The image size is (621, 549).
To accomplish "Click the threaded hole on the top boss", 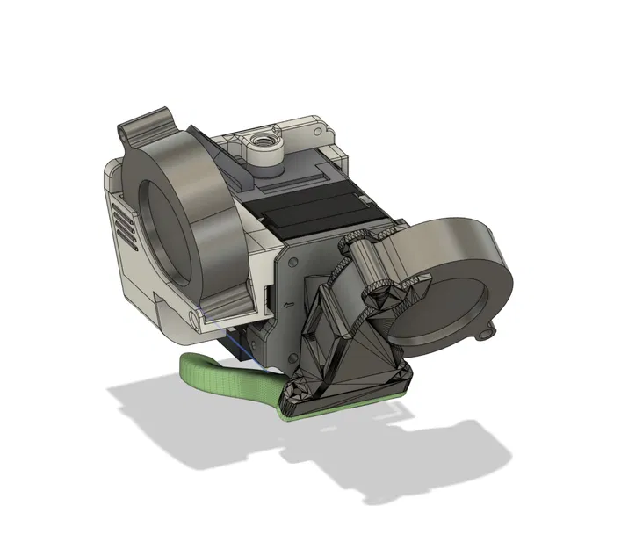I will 263,140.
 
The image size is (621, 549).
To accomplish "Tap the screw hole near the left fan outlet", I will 192,315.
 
